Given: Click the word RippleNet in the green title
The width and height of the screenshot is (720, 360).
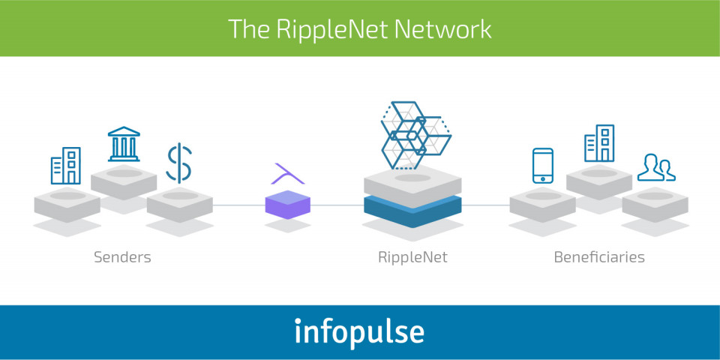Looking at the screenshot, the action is (x=331, y=29).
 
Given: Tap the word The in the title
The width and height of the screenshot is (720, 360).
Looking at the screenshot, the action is (x=248, y=28).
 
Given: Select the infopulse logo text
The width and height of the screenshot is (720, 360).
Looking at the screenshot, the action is (x=359, y=331).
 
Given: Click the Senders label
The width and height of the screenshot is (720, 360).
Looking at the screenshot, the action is (x=122, y=256).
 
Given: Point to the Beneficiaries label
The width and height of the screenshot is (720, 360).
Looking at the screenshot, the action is (x=599, y=256).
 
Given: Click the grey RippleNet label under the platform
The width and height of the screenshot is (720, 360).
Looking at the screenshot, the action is (x=412, y=257).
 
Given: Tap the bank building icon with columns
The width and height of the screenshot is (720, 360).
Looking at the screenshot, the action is (x=124, y=144).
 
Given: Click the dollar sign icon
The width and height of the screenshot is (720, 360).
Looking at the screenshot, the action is (x=178, y=163).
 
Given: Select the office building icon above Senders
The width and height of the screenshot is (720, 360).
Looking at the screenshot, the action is (x=66, y=166).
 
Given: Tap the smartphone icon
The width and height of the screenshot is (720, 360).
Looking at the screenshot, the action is (x=543, y=166).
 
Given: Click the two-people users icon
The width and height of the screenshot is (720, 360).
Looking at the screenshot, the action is (x=656, y=167).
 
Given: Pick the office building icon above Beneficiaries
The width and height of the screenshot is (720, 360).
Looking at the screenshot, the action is (x=599, y=143).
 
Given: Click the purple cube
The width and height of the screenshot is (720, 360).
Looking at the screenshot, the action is (x=288, y=204).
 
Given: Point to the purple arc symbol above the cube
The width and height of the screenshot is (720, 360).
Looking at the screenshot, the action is (x=288, y=173).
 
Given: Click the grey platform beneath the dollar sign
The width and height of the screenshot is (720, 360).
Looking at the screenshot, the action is (x=180, y=204).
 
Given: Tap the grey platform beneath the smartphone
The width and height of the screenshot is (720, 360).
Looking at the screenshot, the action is (x=543, y=204).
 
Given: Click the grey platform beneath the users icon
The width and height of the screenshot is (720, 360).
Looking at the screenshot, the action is (x=655, y=204).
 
